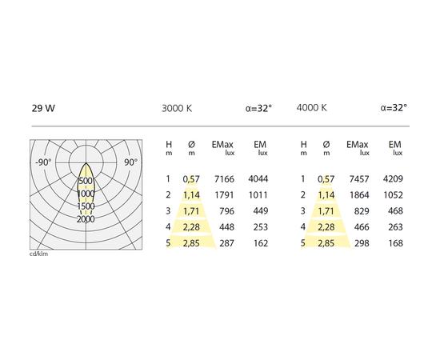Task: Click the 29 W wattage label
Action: (x=43, y=108)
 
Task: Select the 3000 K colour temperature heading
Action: (x=177, y=108)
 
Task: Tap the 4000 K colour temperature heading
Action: (x=311, y=108)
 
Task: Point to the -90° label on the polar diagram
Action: (x=43, y=162)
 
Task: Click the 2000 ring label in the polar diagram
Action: (x=86, y=219)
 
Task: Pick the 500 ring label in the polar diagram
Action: (x=86, y=181)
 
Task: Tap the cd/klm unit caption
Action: (x=38, y=254)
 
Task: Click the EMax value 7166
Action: (x=224, y=179)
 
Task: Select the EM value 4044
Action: (x=258, y=179)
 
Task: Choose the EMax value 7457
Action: (x=359, y=179)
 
